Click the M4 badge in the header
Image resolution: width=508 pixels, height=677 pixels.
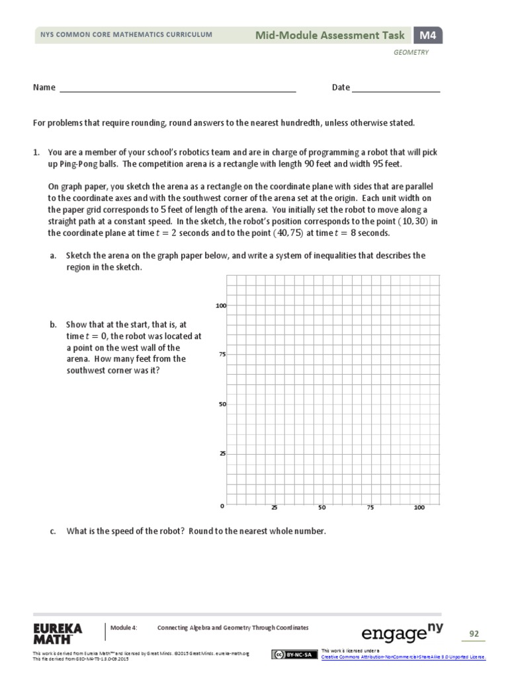428,35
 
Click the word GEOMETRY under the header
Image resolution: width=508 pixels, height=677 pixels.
411,53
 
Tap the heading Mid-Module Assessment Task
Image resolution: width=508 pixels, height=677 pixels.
332,35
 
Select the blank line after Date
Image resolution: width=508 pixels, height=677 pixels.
396,88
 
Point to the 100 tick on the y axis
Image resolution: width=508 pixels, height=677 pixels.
221,305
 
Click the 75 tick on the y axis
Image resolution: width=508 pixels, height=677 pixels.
222,355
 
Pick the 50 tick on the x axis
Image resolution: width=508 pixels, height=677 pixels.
321,508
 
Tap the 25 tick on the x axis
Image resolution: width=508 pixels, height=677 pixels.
273,508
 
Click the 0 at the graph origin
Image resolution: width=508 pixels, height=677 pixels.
222,506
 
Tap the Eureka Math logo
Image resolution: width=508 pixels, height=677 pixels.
57,633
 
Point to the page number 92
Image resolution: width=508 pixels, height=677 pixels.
474,634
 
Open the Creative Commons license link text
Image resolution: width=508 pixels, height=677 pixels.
403,657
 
